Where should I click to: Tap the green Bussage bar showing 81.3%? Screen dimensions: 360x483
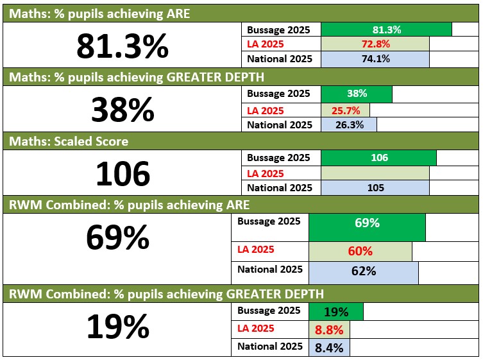(386, 30)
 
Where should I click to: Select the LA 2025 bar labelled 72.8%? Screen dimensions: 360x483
(375, 44)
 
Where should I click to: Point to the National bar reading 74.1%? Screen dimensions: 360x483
(375, 59)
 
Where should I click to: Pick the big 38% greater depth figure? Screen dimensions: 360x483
(123, 109)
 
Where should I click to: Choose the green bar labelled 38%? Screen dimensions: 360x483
(356, 94)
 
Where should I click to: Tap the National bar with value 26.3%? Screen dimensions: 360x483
(348, 124)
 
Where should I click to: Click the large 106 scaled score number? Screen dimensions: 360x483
(123, 173)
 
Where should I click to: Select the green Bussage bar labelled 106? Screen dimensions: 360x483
(378, 158)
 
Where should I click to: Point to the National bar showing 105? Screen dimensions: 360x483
(375, 188)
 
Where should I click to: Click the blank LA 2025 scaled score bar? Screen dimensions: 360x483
(375, 173)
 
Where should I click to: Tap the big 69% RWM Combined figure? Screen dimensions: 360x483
(117, 237)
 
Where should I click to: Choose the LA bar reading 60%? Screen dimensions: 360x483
(360, 251)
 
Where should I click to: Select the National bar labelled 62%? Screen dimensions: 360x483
(364, 271)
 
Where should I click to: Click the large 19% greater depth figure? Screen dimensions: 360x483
(117, 327)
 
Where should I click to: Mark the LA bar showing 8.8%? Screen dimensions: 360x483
(330, 330)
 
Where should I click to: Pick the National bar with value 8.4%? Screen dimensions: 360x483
(330, 348)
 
